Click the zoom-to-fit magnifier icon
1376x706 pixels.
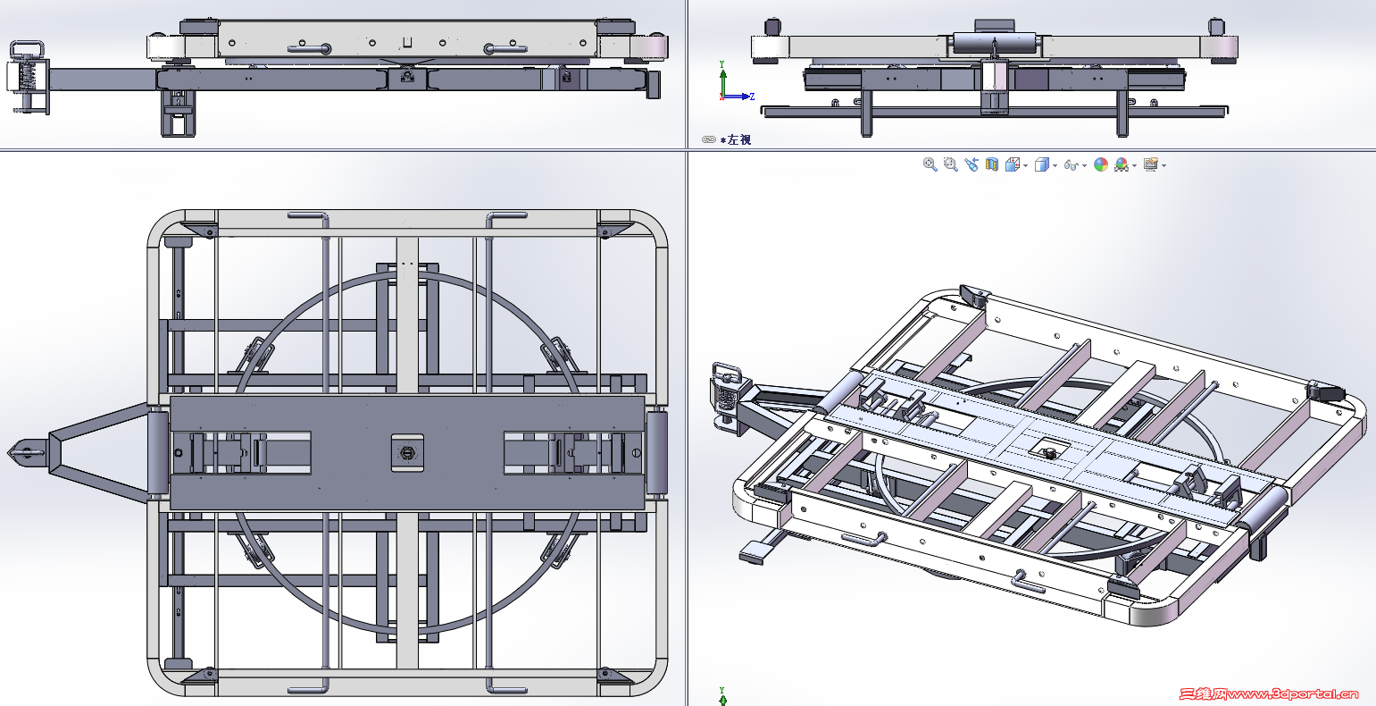[930, 164]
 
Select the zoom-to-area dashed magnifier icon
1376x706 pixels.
[950, 164]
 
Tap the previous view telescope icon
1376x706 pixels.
[972, 164]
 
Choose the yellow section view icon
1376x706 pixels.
[991, 164]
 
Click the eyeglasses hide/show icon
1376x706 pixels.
[1072, 164]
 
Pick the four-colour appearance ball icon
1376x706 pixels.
[1101, 164]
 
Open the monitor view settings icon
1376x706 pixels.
[1151, 164]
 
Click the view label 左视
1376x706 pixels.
[739, 139]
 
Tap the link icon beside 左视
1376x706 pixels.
[708, 139]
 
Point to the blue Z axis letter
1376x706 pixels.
[752, 97]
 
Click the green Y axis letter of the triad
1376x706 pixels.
[721, 64]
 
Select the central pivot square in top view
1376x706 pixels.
[407, 452]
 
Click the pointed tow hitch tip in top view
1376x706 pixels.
[9, 453]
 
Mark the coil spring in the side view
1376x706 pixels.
[28, 77]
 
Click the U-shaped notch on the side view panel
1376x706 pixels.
[406, 42]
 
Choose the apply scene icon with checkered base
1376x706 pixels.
[1122, 164]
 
